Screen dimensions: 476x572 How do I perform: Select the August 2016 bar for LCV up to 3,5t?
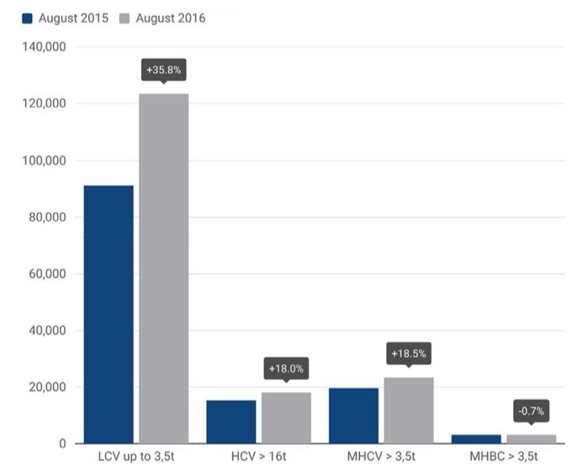click(x=163, y=269)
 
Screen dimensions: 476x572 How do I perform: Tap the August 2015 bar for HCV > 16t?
click(x=230, y=422)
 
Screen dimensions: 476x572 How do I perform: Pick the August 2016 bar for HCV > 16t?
click(x=286, y=418)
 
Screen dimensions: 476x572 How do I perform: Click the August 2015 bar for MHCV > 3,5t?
click(x=353, y=415)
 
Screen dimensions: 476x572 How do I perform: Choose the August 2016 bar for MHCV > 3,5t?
click(x=409, y=410)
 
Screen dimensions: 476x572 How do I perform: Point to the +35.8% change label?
click(x=163, y=70)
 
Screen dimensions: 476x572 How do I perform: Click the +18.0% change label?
click(x=286, y=368)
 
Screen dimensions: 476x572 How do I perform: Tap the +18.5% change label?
click(x=409, y=354)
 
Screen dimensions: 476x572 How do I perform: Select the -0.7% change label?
click(x=531, y=411)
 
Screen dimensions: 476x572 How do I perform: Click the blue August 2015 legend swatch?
click(x=27, y=19)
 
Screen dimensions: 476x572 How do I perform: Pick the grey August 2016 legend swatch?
click(x=124, y=19)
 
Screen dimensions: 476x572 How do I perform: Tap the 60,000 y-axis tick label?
click(x=45, y=274)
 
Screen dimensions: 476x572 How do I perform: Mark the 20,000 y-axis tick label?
click(x=45, y=388)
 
